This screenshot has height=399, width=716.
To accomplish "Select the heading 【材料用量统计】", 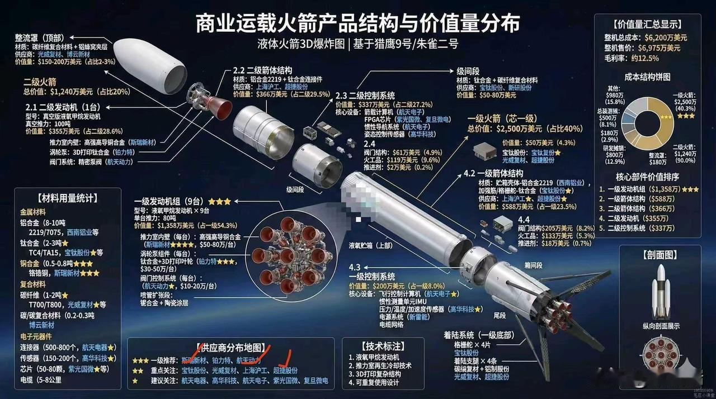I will [67, 197].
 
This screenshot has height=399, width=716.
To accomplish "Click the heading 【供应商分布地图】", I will [231, 348].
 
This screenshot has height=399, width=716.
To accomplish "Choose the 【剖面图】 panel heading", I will [660, 255].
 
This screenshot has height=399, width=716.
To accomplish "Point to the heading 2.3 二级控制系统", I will [367, 95].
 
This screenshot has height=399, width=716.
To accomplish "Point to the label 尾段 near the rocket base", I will [500, 316].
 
